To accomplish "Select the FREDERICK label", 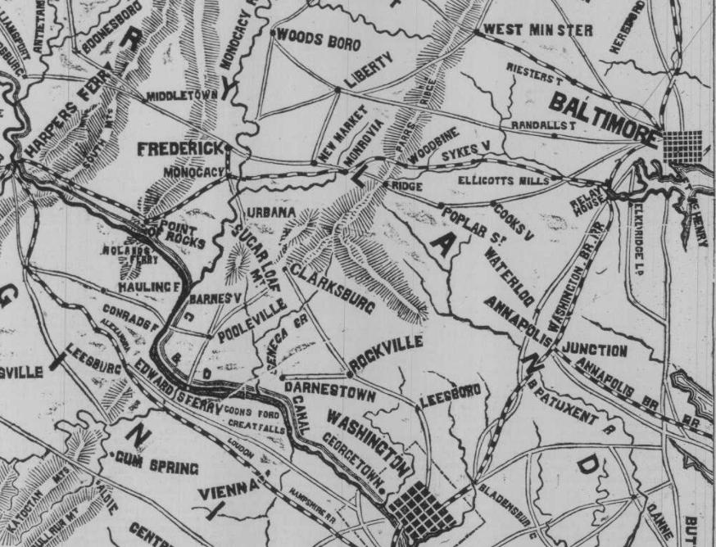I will pos(180,150).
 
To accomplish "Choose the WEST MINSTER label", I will pos(538,31).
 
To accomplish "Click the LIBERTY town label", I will pos(369,70).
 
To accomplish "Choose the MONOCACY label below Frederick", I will pos(193,173).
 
